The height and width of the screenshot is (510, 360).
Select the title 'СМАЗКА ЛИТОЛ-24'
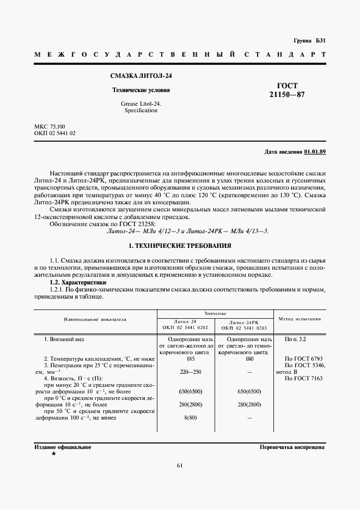pyautogui.click(x=142, y=77)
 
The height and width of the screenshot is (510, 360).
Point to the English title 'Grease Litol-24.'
pyautogui.click(x=141, y=103)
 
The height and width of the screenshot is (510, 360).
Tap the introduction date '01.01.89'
pyautogui.click(x=314, y=151)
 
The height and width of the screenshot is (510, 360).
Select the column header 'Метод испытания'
pyautogui.click(x=300, y=319)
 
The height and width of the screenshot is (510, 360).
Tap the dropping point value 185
pyautogui.click(x=186, y=359)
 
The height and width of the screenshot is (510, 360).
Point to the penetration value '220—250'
pyautogui.click(x=186, y=372)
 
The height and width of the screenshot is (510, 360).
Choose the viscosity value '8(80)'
pyautogui.click(x=186, y=417)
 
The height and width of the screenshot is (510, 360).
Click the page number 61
pyautogui.click(x=180, y=465)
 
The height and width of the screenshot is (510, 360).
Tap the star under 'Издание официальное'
pyautogui.click(x=53, y=453)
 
